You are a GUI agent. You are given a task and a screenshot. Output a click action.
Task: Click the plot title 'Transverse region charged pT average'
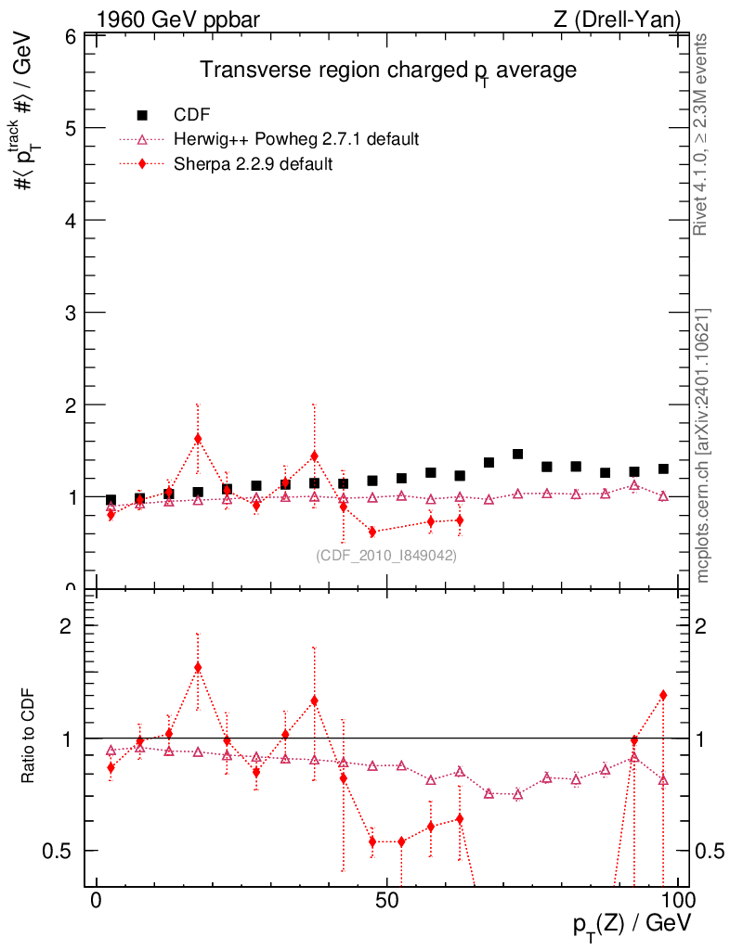pyautogui.click(x=389, y=71)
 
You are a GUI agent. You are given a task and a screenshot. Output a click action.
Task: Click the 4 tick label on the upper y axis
pyautogui.click(x=69, y=221)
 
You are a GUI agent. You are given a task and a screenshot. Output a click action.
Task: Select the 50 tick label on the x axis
pyautogui.click(x=387, y=902)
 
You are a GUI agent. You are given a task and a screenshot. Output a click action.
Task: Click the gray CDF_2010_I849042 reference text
pyautogui.click(x=387, y=555)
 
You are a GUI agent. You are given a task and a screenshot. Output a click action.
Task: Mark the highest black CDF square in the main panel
pyautogui.click(x=517, y=455)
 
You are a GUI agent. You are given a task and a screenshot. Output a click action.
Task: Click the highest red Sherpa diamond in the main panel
pyautogui.click(x=198, y=439)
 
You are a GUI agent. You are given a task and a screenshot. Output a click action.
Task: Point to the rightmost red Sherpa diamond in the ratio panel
pyautogui.click(x=663, y=695)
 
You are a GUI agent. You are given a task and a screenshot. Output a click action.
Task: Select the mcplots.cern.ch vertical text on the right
pyautogui.click(x=703, y=445)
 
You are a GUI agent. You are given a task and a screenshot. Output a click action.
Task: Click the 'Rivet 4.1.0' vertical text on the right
pyautogui.click(x=703, y=135)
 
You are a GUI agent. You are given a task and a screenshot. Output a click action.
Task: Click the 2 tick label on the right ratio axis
pyautogui.click(x=706, y=626)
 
